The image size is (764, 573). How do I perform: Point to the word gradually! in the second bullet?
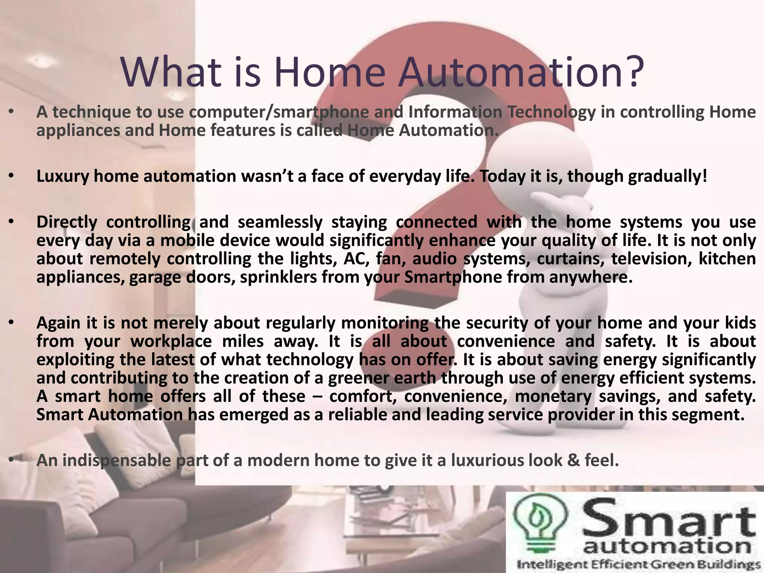pos(667,176)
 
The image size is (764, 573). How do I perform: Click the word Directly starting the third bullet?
pos(67,222)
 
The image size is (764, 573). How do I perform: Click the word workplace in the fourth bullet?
pos(171,341)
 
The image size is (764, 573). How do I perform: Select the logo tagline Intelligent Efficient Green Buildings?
pos(638,564)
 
